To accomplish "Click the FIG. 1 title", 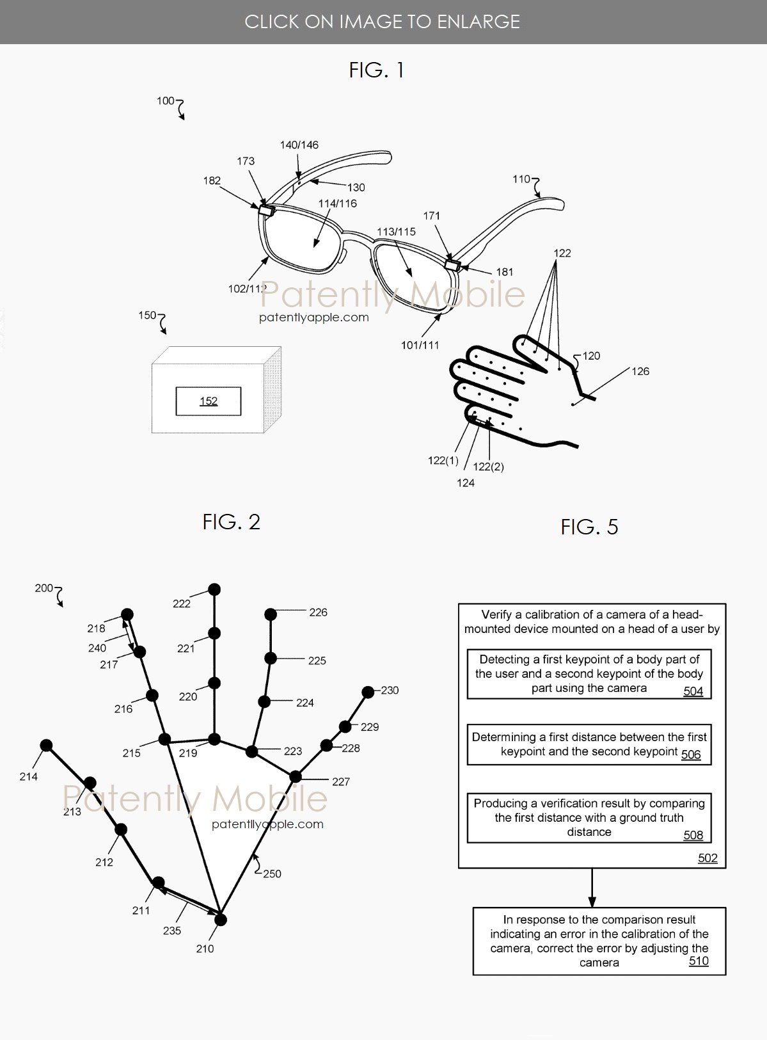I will pos(376,70).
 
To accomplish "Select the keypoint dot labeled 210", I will pos(221,920).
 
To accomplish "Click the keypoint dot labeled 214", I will pos(46,746).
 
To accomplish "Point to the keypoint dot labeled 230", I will pos(368,692).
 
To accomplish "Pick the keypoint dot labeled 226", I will pos(271,614).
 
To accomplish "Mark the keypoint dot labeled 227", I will pos(296,777).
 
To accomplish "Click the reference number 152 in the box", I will pos(209,401).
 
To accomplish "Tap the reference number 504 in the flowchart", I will pos(693,691).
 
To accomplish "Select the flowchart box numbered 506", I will pos(589,744).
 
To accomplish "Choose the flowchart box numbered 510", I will pos(599,941).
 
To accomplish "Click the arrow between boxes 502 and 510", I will pos(592,888).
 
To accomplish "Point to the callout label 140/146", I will pos(299,145).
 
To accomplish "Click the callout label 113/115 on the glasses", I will pos(396,232).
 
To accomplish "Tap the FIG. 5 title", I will pos(589,527).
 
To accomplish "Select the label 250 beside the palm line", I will pos(272,874).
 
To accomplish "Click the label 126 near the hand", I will pos(640,371).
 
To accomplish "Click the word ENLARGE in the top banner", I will pos(478,22).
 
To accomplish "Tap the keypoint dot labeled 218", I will pos(127,614).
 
